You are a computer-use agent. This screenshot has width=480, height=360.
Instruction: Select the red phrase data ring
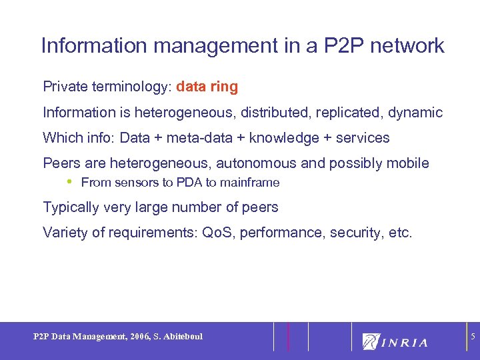coord(207,87)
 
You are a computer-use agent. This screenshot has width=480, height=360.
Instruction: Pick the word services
coord(363,138)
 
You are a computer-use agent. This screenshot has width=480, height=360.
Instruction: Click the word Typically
coord(71,207)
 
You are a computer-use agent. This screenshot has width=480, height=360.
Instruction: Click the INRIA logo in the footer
coord(395,341)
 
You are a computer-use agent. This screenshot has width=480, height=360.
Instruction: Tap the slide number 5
coord(473,337)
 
